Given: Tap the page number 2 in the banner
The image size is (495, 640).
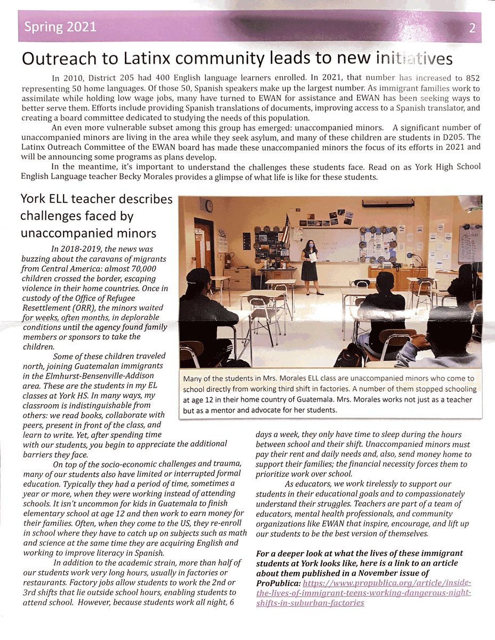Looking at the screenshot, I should click(x=472, y=29).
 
